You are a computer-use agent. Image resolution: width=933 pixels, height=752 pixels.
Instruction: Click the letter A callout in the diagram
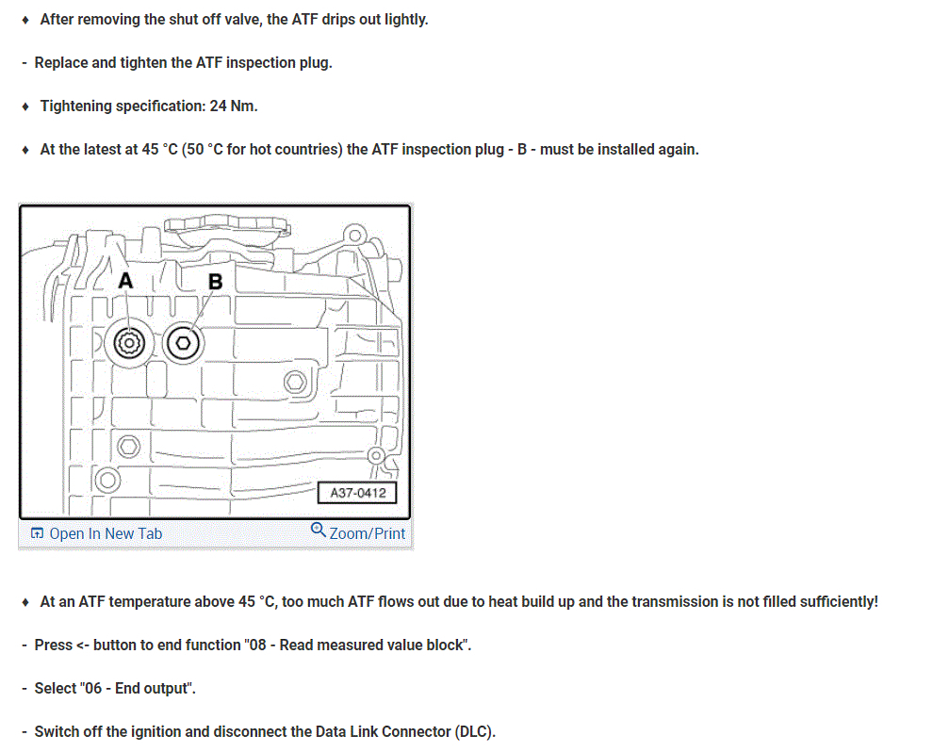(x=125, y=281)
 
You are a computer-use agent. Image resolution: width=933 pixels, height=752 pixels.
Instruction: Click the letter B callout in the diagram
(x=215, y=281)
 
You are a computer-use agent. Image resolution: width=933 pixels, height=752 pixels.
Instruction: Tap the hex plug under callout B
(x=183, y=344)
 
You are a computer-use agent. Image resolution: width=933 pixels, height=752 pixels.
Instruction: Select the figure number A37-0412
(x=358, y=493)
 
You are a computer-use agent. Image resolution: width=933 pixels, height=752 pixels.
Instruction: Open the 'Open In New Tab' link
(x=106, y=533)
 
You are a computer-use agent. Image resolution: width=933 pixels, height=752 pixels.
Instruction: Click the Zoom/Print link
(x=367, y=533)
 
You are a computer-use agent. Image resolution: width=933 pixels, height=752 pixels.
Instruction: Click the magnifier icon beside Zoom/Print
(x=318, y=531)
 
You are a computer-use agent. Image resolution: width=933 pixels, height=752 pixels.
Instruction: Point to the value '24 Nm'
(x=233, y=106)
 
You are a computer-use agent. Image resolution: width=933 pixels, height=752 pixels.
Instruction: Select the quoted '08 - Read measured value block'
(x=355, y=646)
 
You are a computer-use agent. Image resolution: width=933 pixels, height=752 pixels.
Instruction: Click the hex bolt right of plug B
(x=294, y=382)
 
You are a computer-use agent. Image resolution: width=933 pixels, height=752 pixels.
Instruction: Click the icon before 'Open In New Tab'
(x=37, y=533)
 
